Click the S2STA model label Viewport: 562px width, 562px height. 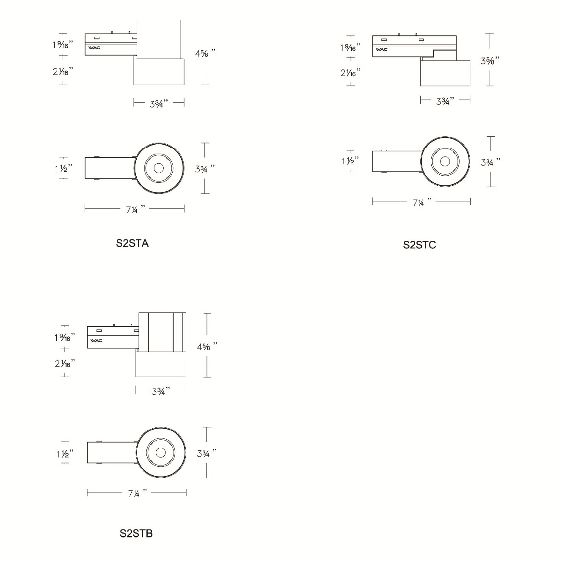[x=132, y=243]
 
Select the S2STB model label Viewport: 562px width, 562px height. [x=136, y=533]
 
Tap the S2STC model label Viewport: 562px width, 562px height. [x=419, y=245]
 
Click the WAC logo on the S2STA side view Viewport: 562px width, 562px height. [x=94, y=48]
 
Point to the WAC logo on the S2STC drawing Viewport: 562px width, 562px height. [x=381, y=50]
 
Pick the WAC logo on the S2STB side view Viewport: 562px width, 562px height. [x=96, y=340]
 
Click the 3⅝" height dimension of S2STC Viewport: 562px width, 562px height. [x=490, y=61]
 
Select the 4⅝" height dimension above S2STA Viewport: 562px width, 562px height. [x=205, y=53]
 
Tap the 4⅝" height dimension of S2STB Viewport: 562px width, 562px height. [x=207, y=346]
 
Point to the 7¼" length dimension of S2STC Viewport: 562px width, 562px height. [x=422, y=202]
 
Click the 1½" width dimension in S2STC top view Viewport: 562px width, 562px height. [x=350, y=161]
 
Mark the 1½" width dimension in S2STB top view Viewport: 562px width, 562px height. [x=65, y=454]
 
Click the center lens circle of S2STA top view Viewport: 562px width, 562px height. [x=159, y=168]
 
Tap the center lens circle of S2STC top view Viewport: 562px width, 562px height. [x=445, y=161]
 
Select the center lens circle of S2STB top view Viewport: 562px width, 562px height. [x=160, y=452]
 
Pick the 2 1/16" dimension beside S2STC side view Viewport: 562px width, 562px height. [x=350, y=73]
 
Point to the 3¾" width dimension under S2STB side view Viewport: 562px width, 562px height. [x=161, y=391]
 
